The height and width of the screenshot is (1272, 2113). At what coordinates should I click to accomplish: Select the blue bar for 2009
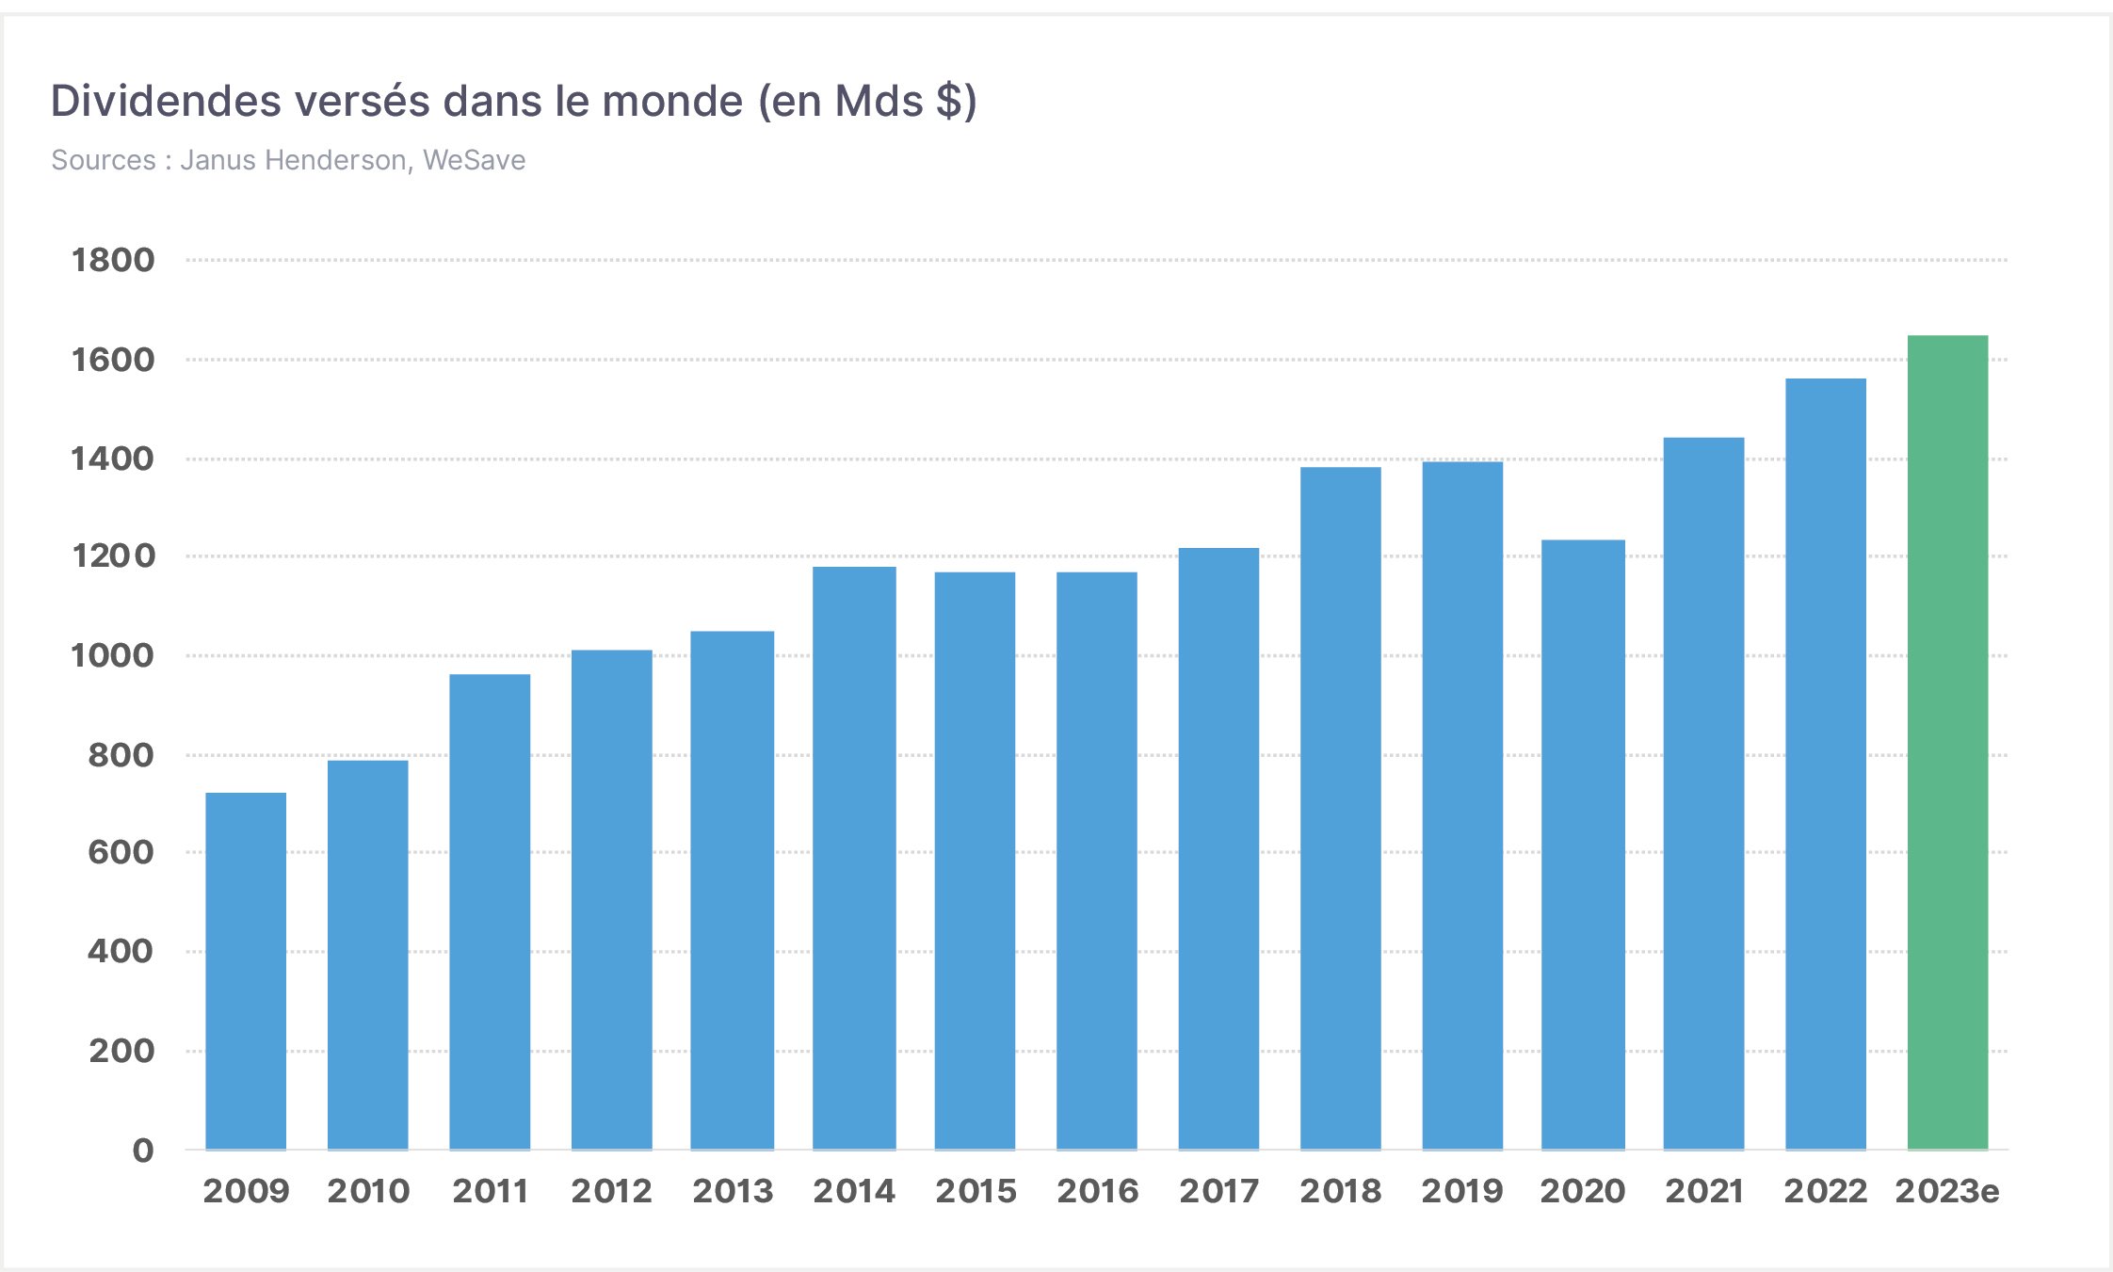point(246,970)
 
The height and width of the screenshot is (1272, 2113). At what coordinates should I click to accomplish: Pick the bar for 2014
point(854,857)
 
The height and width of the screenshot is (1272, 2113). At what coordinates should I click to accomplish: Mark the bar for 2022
point(1825,764)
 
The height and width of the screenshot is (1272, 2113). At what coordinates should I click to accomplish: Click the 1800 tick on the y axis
point(113,260)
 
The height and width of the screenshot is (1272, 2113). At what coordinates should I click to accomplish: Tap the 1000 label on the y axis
point(113,655)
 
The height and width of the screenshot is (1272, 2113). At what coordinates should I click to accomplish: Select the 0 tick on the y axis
point(143,1150)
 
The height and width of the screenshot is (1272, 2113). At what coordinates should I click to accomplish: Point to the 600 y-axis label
point(121,852)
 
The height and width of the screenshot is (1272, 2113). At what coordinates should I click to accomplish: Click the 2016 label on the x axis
point(1097,1191)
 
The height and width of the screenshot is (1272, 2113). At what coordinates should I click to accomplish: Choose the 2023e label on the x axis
point(1946,1191)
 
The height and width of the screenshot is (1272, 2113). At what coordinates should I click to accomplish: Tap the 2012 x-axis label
point(611,1191)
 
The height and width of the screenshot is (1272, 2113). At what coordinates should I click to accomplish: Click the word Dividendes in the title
point(166,101)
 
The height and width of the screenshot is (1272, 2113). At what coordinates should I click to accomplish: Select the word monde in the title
point(672,101)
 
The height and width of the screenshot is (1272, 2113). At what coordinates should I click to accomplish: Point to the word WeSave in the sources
point(474,160)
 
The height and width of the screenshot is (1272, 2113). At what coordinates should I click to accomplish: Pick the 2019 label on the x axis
point(1461,1191)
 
